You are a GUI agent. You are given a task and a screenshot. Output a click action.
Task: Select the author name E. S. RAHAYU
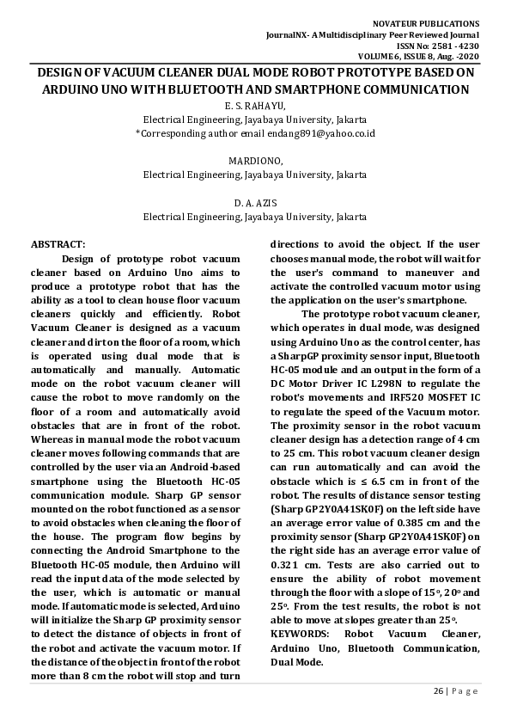coord(254,105)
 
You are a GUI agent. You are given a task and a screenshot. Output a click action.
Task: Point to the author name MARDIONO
coord(255,161)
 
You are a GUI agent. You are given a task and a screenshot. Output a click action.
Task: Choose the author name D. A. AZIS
coord(255,203)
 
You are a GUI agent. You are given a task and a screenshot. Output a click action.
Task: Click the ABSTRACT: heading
coord(58,244)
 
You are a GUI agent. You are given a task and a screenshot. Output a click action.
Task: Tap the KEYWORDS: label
coord(301,634)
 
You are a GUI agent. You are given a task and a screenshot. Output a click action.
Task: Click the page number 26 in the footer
coord(438,690)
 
